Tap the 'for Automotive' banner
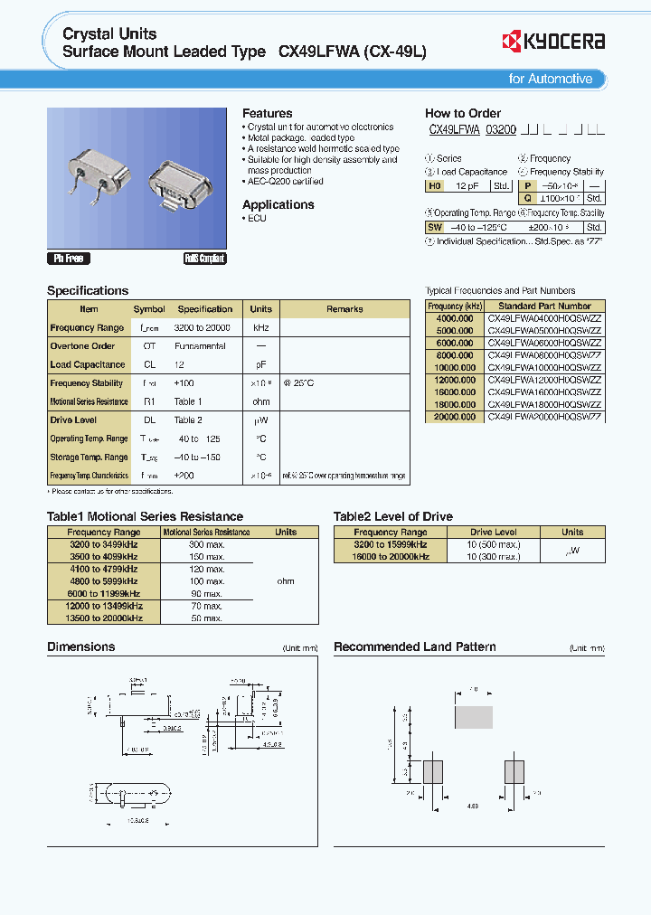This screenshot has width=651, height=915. click(550, 79)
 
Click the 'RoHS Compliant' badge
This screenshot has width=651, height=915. click(204, 259)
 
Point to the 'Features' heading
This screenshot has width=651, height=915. click(267, 113)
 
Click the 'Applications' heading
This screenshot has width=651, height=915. click(278, 204)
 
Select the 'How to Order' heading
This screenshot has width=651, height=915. click(463, 113)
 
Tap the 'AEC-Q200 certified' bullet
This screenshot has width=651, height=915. click(286, 182)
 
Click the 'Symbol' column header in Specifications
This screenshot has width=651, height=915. click(149, 309)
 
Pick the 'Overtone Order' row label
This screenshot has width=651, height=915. click(82, 346)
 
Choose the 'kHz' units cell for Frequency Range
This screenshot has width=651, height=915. click(260, 328)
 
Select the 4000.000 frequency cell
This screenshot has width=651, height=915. click(455, 318)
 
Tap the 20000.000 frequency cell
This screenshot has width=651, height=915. click(455, 418)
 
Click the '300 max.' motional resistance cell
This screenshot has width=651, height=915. click(206, 545)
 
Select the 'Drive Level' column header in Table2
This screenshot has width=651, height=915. click(494, 533)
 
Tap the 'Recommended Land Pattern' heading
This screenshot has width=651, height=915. click(414, 646)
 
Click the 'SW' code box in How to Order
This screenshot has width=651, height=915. click(435, 228)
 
